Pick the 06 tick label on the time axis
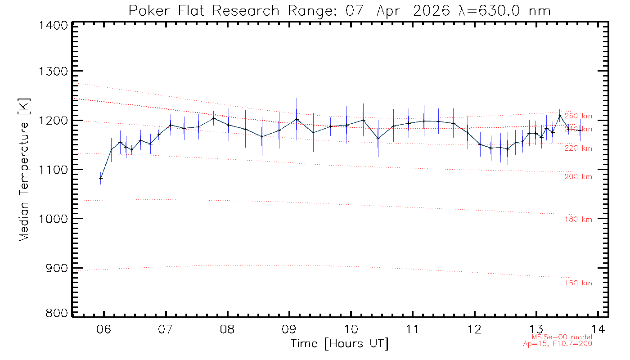click(104, 328)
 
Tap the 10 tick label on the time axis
click(351, 328)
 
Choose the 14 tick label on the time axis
click(598, 328)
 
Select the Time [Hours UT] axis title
click(339, 344)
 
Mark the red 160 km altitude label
click(578, 283)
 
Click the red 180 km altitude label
click(578, 220)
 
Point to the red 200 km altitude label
click(578, 177)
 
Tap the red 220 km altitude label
click(578, 148)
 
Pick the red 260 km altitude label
click(578, 116)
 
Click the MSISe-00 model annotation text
click(562, 337)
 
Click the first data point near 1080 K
click(101, 178)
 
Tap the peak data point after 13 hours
click(560, 116)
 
